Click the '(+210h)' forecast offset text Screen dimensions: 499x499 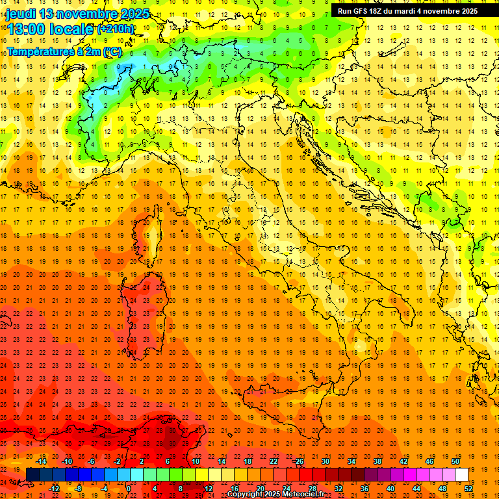pos(116,29)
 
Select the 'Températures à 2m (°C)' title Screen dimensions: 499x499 pos(64,51)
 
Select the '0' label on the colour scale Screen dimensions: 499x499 pos(129,489)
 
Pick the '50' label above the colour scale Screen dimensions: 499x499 pos(455,461)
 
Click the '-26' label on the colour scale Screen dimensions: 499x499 pos(298,461)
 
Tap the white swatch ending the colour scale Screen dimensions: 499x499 pos(461,475)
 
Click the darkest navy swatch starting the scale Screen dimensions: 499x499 pos(32,475)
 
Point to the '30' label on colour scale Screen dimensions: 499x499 pos(326,461)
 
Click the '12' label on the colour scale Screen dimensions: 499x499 pos(209,489)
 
